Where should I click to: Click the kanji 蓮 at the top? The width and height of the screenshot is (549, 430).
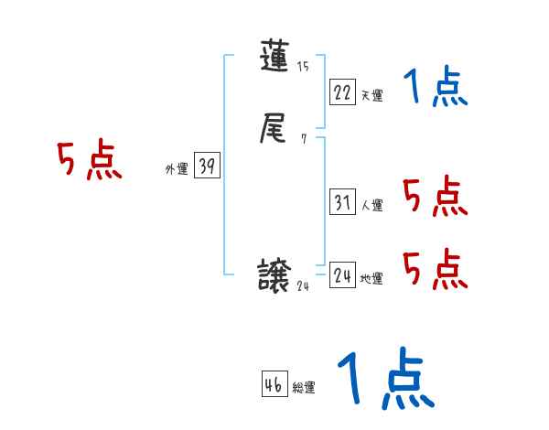[x=276, y=59]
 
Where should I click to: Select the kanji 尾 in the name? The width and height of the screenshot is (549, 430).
[x=276, y=131]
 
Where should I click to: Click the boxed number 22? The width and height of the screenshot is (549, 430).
[x=342, y=91]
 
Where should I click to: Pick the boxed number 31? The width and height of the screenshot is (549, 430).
[x=342, y=202]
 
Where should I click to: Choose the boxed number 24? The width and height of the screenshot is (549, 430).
[x=342, y=274]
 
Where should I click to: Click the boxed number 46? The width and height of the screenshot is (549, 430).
[x=273, y=384]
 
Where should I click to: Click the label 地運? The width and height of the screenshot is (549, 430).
[x=371, y=278]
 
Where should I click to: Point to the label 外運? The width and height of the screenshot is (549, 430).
[x=176, y=168]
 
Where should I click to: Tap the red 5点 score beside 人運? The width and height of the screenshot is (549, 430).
[x=435, y=197]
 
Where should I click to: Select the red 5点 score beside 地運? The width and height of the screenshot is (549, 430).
[x=435, y=269]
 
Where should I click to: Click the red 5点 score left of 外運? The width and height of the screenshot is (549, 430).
[x=89, y=162]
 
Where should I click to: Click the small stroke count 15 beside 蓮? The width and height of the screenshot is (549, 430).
[x=303, y=66]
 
